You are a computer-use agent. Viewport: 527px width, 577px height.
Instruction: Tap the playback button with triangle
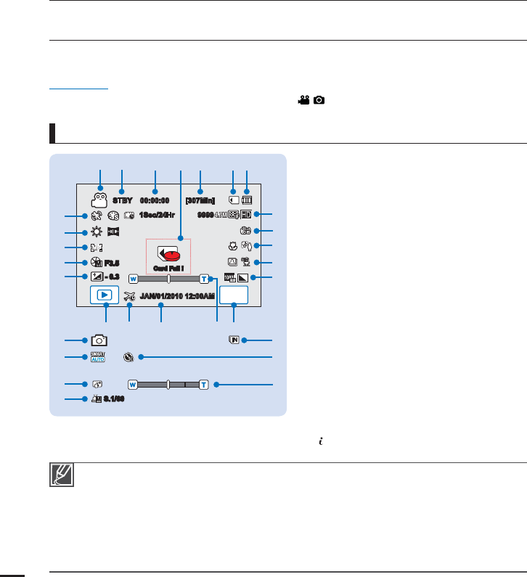105,295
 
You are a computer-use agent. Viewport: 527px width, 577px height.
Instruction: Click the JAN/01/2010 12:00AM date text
178,296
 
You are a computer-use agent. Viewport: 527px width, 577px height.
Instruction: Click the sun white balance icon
95,232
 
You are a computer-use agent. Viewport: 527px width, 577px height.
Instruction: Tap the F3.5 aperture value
112,263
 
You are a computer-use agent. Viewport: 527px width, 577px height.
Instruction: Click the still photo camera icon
99,340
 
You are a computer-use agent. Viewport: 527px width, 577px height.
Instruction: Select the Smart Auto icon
98,356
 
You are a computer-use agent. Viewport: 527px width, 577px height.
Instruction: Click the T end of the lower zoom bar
205,383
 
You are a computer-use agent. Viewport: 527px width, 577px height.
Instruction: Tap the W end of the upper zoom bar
133,278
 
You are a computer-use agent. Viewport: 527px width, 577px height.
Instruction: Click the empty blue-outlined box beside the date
234,295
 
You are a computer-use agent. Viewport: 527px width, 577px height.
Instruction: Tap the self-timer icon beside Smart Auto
129,357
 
